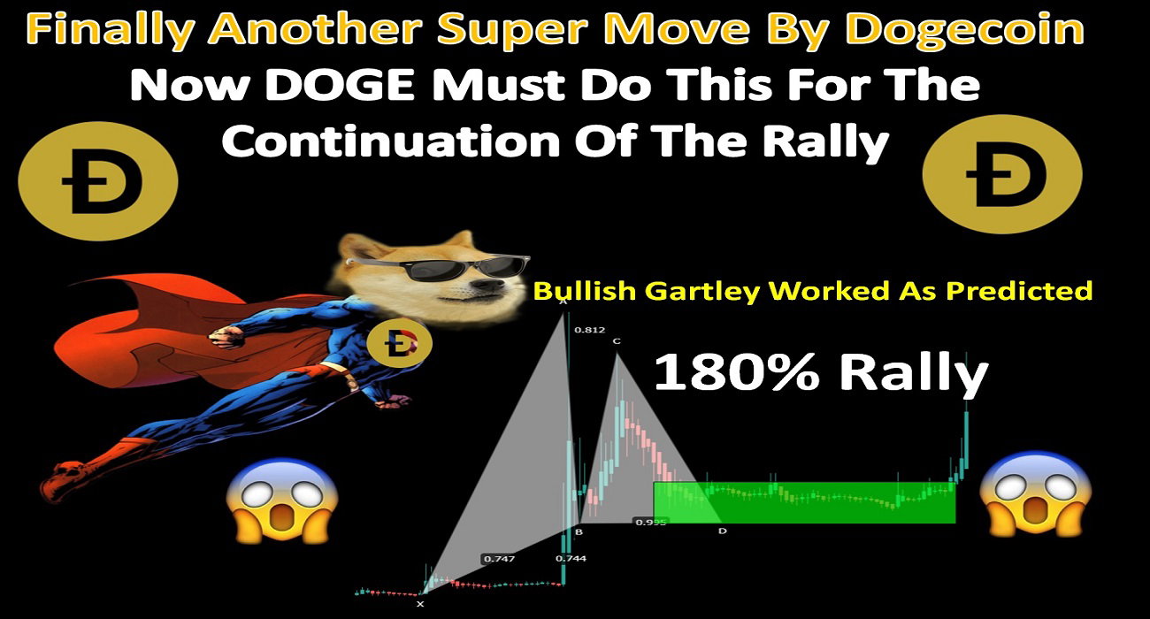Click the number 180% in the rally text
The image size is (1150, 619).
(x=737, y=373)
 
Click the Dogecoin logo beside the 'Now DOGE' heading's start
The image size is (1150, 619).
(x=98, y=181)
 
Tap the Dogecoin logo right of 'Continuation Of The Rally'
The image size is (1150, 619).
(x=1002, y=174)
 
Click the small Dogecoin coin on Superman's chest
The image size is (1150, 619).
(x=399, y=343)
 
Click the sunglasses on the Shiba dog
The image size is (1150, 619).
(x=438, y=266)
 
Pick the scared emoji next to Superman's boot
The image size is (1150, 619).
(x=282, y=501)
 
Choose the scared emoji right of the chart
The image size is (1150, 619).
(x=1035, y=493)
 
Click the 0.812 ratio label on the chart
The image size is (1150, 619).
(x=590, y=330)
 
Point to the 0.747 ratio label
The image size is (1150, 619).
(x=499, y=559)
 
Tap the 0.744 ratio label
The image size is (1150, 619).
(x=571, y=559)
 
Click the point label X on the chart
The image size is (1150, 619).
(x=420, y=604)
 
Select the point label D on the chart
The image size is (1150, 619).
(x=723, y=531)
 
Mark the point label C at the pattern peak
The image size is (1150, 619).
(x=617, y=341)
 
